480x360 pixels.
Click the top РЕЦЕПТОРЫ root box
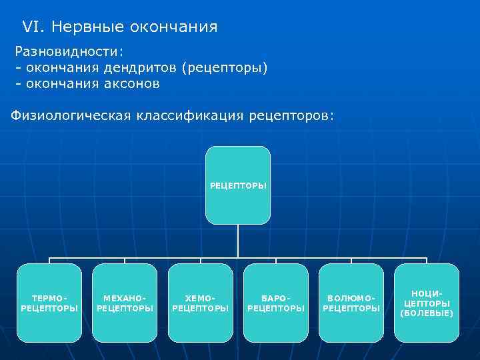(x=238, y=185)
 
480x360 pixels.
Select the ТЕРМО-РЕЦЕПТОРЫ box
(x=49, y=303)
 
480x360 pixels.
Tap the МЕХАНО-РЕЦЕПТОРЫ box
(x=125, y=303)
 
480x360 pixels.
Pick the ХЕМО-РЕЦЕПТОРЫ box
(x=200, y=303)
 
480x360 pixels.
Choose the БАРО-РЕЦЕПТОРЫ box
(x=276, y=303)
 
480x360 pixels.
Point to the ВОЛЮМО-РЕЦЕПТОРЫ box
(x=351, y=303)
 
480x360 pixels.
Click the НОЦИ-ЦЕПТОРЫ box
(x=427, y=303)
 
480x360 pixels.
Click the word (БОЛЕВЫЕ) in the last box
(x=427, y=313)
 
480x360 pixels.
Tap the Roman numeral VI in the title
(x=31, y=27)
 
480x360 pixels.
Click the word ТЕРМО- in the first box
(x=49, y=298)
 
